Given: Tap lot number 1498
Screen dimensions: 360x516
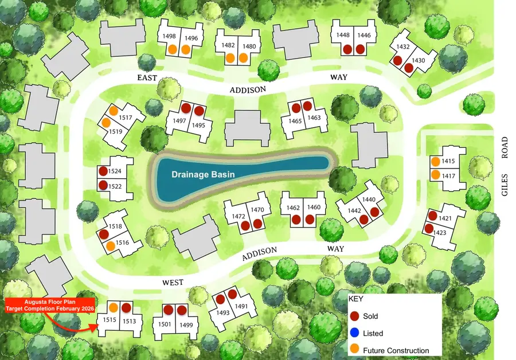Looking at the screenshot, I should [x=170, y=36].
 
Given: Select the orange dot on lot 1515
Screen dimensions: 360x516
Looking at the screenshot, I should [x=114, y=308].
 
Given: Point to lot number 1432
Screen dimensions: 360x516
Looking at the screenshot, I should [x=403, y=46].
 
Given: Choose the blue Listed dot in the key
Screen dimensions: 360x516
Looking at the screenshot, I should [x=354, y=333].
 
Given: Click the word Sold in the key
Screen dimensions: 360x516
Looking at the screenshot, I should [x=370, y=316].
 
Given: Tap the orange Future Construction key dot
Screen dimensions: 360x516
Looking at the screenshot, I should [x=354, y=350].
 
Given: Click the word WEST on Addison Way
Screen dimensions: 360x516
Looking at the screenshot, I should [x=173, y=282].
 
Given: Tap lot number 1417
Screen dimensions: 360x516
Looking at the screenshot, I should [x=448, y=175].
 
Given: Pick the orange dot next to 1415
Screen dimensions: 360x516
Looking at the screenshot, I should [x=436, y=162].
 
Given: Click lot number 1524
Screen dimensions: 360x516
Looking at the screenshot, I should [x=115, y=171].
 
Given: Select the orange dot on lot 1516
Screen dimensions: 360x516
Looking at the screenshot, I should [x=110, y=246].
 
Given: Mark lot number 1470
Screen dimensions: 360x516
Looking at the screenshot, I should [x=257, y=209].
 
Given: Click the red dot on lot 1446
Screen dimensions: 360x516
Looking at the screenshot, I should [x=360, y=49].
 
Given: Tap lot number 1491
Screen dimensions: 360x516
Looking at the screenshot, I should [x=241, y=306].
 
